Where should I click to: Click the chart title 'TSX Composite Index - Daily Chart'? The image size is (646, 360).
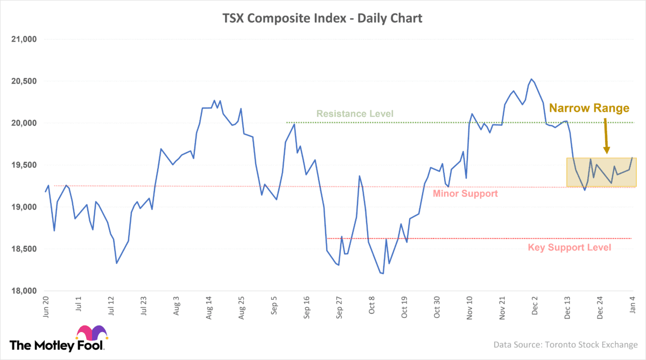pyautogui.click(x=322, y=18)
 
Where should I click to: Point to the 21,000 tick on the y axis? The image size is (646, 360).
pyautogui.click(x=23, y=39)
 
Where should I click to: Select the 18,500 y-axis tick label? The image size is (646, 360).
pyautogui.click(x=23, y=249)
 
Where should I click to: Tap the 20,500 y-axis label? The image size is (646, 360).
pyautogui.click(x=23, y=81)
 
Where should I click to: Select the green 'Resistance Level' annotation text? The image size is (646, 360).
pyautogui.click(x=355, y=114)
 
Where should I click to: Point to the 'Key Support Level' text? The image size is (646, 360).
pyautogui.click(x=570, y=248)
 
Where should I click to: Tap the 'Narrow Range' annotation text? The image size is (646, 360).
pyautogui.click(x=589, y=108)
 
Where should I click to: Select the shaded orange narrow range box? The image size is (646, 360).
pyautogui.click(x=601, y=172)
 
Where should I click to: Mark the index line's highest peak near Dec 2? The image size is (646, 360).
pyautogui.click(x=531, y=79)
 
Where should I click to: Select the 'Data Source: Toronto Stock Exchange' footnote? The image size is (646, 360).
pyautogui.click(x=565, y=344)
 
